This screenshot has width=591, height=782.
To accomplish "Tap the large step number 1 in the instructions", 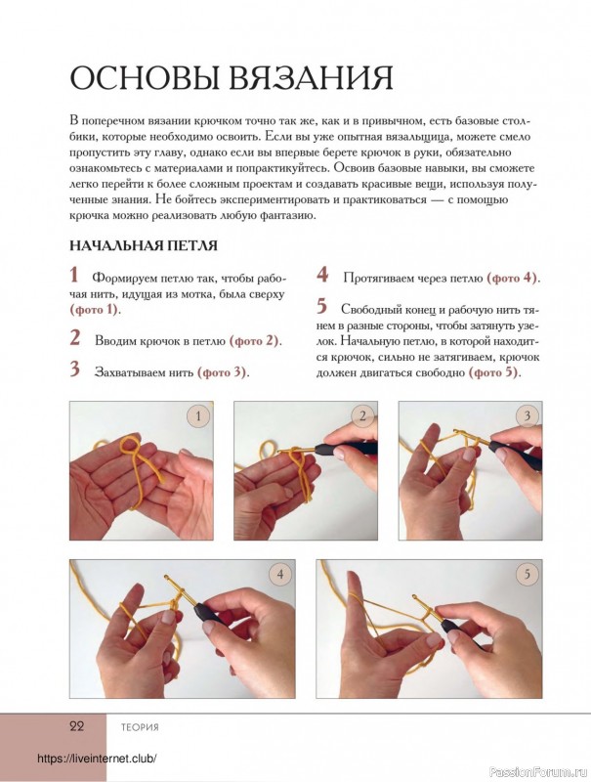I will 74,276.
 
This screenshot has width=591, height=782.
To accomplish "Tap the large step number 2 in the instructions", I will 74,338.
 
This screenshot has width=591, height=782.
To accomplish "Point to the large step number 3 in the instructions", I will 74,369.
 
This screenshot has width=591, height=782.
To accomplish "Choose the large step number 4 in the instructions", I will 321,276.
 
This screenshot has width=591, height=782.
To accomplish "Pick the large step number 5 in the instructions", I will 321,307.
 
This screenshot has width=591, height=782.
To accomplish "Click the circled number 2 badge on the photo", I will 363,417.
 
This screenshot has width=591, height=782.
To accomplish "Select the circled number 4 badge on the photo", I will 280,576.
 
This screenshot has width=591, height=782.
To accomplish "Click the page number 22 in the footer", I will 78,726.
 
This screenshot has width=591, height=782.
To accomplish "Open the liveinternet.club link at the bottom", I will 97,759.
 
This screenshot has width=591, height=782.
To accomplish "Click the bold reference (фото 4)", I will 513,278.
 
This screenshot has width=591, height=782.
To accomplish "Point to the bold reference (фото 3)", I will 223,371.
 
